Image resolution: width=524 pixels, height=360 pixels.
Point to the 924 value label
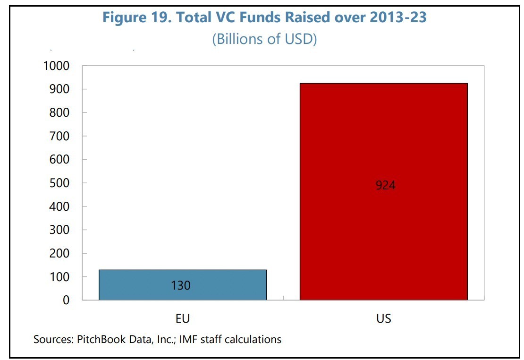click(385, 185)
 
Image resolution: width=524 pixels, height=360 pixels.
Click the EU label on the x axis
click(182, 319)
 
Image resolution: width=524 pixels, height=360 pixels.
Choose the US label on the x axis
click(384, 319)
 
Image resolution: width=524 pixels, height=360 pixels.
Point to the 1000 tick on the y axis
click(56, 66)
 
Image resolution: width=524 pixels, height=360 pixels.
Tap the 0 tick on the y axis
click(66, 300)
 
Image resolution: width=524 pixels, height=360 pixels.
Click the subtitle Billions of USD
click(264, 39)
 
